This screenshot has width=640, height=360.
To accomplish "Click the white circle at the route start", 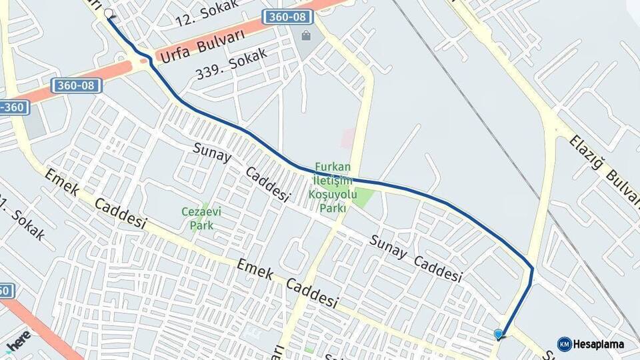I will [109, 13].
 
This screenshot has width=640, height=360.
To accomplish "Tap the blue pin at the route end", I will [499, 334].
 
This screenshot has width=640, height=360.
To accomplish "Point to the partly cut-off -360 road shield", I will [13, 107].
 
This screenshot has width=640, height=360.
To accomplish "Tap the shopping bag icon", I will [305, 35].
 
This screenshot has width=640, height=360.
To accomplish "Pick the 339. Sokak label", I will [231, 63].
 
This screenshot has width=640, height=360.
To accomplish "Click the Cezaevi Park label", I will [197, 219].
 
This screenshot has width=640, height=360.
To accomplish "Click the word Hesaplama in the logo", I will [599, 345].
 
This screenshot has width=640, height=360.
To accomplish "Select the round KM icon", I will [564, 344].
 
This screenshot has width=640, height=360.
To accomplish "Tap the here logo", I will [17, 341].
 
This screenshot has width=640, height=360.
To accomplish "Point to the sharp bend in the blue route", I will [532, 268].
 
